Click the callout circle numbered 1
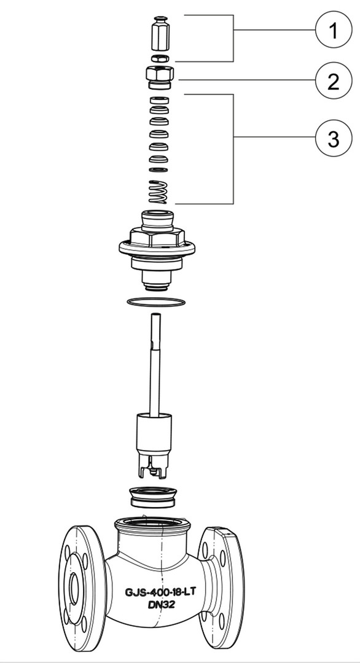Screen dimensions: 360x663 click(x=334, y=30)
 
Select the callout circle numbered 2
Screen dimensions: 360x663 click(x=334, y=80)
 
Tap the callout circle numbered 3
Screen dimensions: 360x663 click(x=334, y=138)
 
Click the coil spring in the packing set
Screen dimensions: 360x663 click(x=158, y=192)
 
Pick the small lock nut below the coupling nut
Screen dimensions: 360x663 click(x=160, y=58)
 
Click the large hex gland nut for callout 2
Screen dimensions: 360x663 click(x=160, y=77)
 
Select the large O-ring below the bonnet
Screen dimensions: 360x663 click(x=156, y=301)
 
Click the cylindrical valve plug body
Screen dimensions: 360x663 click(x=154, y=433)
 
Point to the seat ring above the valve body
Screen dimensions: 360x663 click(x=153, y=497)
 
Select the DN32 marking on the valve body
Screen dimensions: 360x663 click(x=162, y=605)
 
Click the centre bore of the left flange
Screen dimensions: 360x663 click(x=74, y=588)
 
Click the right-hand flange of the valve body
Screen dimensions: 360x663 click(x=221, y=587)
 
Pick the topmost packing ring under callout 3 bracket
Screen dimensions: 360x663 click(x=160, y=101)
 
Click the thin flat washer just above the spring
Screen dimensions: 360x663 click(x=158, y=169)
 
